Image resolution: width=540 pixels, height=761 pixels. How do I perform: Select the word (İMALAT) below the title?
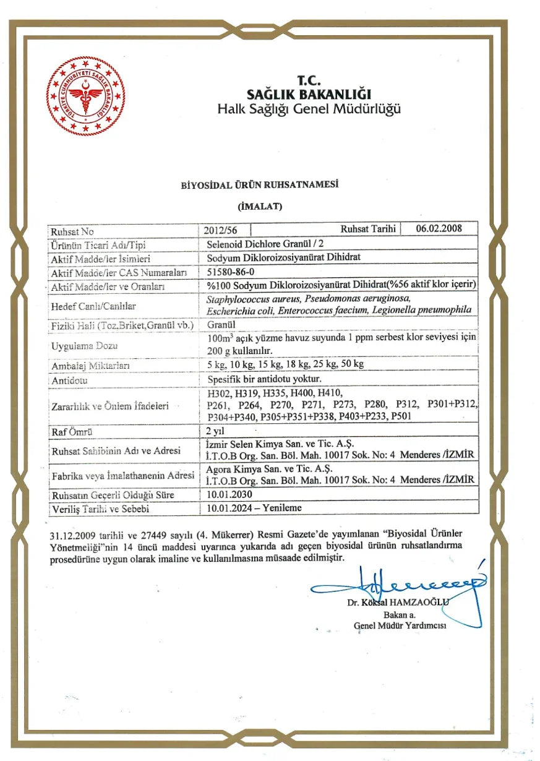click(260, 207)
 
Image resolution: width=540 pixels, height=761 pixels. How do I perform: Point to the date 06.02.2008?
click(439, 228)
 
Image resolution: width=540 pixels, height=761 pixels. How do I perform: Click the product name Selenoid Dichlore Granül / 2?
click(260, 244)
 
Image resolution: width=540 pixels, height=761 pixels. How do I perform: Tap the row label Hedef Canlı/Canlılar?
click(93, 306)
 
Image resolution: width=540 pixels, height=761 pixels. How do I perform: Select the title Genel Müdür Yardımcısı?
click(400, 625)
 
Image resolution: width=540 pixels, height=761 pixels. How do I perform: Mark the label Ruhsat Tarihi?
click(368, 229)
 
